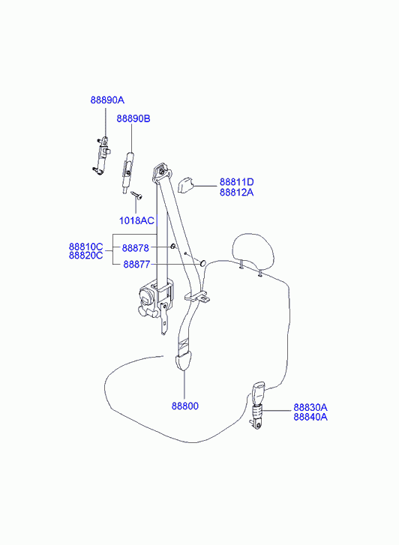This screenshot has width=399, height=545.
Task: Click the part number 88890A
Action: tap(107, 100)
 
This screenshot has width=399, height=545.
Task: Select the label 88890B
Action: tap(133, 118)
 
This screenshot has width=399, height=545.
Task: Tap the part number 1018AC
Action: tap(136, 220)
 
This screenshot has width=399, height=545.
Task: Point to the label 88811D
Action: tap(236, 181)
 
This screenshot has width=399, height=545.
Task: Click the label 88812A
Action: tap(236, 192)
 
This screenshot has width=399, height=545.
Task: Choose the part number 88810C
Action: tap(86, 247)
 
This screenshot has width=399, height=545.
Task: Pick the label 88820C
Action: tap(86, 256)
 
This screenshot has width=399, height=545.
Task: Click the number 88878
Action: tap(135, 248)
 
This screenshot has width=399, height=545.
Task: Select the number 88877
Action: tap(136, 265)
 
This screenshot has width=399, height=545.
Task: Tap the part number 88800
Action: tap(185, 406)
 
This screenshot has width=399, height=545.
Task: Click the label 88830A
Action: tap(310, 407)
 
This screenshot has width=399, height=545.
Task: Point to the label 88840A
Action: tap(310, 417)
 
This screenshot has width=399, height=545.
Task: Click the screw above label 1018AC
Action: tap(136, 196)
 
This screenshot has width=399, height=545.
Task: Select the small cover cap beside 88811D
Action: tap(186, 185)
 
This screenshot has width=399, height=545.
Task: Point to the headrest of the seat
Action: tap(253, 251)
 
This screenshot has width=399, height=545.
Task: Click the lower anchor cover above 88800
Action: tap(183, 361)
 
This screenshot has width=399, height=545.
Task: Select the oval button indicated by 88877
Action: tap(202, 264)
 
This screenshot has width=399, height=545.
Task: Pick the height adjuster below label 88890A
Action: tap(102, 155)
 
